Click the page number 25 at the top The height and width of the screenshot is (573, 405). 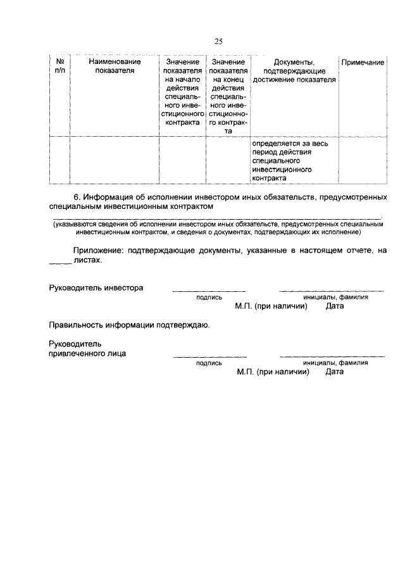[x=218, y=42]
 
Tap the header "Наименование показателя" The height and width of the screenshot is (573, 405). [x=115, y=66]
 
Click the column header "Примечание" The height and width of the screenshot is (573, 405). [x=363, y=62]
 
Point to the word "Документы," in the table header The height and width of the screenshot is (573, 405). [x=294, y=62]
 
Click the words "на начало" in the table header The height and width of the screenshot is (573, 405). [x=183, y=80]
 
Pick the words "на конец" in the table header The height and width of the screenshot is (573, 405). [x=228, y=80]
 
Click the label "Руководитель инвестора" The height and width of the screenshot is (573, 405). [x=96, y=287]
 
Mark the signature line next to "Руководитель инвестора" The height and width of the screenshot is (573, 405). [x=209, y=291]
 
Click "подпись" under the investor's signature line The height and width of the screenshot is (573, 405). [x=209, y=296]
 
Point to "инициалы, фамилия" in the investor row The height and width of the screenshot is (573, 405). [x=335, y=296]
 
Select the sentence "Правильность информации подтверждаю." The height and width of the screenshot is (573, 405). [x=129, y=325]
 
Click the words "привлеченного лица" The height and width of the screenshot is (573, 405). [x=87, y=353]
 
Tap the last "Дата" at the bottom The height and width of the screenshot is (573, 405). [x=335, y=372]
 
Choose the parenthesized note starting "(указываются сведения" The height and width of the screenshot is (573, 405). [x=218, y=228]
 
